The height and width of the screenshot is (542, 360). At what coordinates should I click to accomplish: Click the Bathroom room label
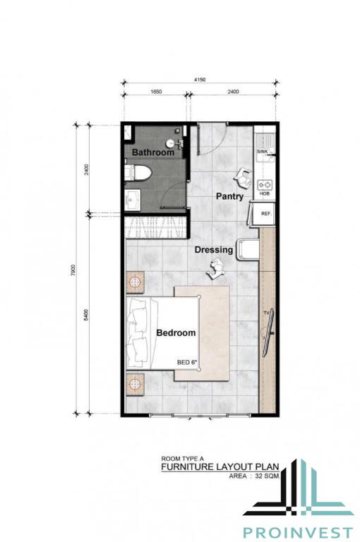[153, 152]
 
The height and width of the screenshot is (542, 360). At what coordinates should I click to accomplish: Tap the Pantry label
[229, 196]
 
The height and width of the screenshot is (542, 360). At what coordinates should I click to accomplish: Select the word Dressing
[214, 250]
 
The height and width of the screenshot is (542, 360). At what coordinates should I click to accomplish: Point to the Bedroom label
[176, 333]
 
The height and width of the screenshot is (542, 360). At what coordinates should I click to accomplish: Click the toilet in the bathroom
[138, 172]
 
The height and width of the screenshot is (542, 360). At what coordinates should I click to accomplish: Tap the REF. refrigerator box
[265, 214]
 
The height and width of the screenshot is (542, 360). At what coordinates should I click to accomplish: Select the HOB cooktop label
[265, 193]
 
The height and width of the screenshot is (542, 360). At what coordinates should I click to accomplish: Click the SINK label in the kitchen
[262, 152]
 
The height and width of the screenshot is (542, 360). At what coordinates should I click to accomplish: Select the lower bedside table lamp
[135, 383]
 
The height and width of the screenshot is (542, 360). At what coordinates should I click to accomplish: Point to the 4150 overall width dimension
[200, 80]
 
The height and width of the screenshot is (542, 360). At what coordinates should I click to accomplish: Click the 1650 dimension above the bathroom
[156, 92]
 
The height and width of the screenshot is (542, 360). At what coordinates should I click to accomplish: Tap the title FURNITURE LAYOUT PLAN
[220, 467]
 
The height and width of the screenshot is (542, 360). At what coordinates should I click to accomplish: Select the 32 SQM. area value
[268, 476]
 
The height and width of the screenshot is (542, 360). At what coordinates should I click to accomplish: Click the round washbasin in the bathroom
[170, 143]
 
